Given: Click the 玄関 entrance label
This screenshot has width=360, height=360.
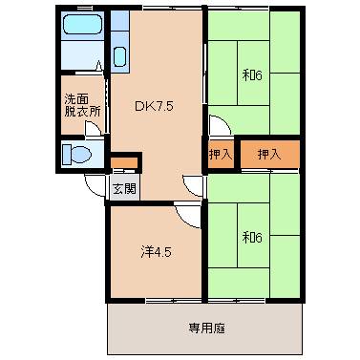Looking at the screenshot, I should point(123,188).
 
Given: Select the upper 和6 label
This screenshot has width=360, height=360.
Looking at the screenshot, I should point(251,74).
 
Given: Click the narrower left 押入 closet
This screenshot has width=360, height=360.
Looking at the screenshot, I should point(220,154).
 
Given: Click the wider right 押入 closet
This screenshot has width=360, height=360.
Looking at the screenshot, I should point(269,154).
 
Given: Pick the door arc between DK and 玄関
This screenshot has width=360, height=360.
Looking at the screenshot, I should point(195,184).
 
